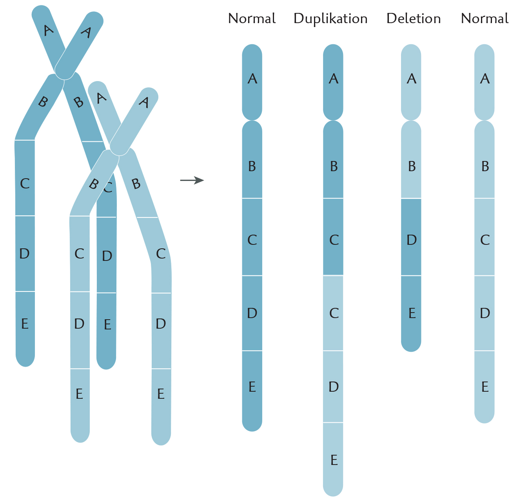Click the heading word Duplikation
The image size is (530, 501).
pyautogui.click(x=330, y=19)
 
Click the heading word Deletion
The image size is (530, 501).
pyautogui.click(x=413, y=18)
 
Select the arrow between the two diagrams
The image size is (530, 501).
pyautogui.click(x=192, y=180)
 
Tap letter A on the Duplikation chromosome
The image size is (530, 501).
pyautogui.click(x=334, y=79)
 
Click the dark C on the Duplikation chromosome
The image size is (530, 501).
pyautogui.click(x=334, y=240)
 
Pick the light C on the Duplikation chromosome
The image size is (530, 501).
pyautogui.click(x=334, y=313)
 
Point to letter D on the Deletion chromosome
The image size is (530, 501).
pyautogui.click(x=411, y=240)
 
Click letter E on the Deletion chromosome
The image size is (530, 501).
pyautogui.click(x=412, y=313)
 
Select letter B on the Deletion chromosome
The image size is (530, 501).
pyautogui.click(x=412, y=166)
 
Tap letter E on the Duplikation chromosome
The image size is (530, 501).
pyautogui.click(x=334, y=460)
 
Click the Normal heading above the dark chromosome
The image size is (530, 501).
pyautogui.click(x=252, y=18)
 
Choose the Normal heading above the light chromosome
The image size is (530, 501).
pyautogui.click(x=485, y=18)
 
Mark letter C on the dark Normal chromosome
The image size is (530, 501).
pyautogui.click(x=252, y=240)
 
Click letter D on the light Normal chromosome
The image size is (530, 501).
pyautogui.click(x=485, y=313)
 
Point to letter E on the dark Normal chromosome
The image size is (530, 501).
pyautogui.click(x=252, y=387)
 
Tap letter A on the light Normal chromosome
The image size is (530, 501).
pyautogui.click(x=485, y=79)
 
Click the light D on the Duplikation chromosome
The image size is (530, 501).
pyautogui.click(x=334, y=387)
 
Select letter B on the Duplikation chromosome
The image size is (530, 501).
pyautogui.click(x=334, y=166)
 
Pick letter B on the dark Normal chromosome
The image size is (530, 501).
pyautogui.click(x=252, y=166)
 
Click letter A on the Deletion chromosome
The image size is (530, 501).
pyautogui.click(x=411, y=79)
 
